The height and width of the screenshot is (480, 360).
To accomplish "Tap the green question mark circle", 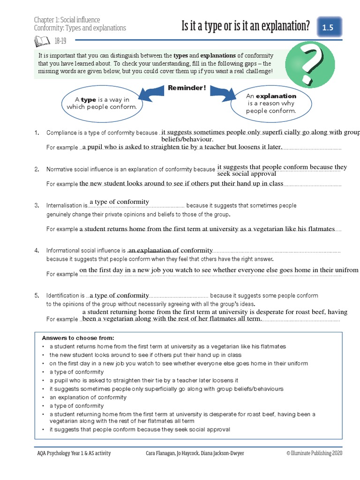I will [310, 64].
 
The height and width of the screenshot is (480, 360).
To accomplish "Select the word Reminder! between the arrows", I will [187, 88].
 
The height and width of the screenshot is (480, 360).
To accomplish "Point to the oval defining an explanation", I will [271, 104].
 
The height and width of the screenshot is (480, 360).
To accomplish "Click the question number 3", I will [37, 205].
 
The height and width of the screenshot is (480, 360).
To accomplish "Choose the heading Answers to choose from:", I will [78, 338].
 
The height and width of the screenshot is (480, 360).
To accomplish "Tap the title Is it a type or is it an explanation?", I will [246, 27].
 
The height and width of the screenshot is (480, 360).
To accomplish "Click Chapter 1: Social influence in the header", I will [67, 20].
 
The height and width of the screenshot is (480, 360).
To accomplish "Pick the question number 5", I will [37, 296].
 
